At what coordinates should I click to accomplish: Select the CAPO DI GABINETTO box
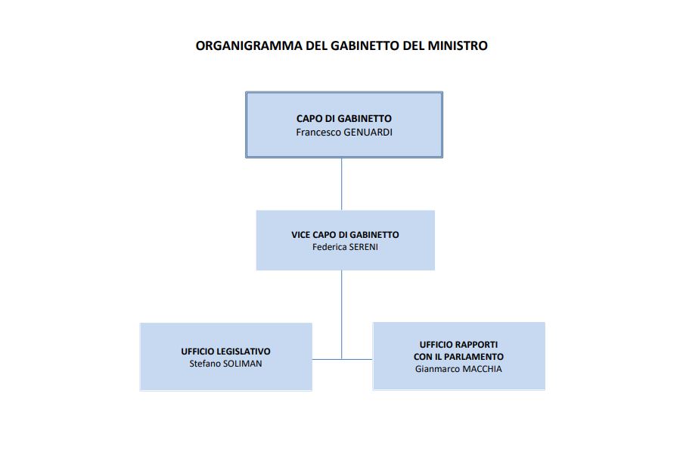[343, 144]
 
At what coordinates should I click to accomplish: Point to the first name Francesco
[318, 131]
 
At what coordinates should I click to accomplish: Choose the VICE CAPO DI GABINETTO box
[345, 258]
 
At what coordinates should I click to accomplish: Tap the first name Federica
[328, 246]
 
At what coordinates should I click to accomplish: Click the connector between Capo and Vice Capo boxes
[341, 184]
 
